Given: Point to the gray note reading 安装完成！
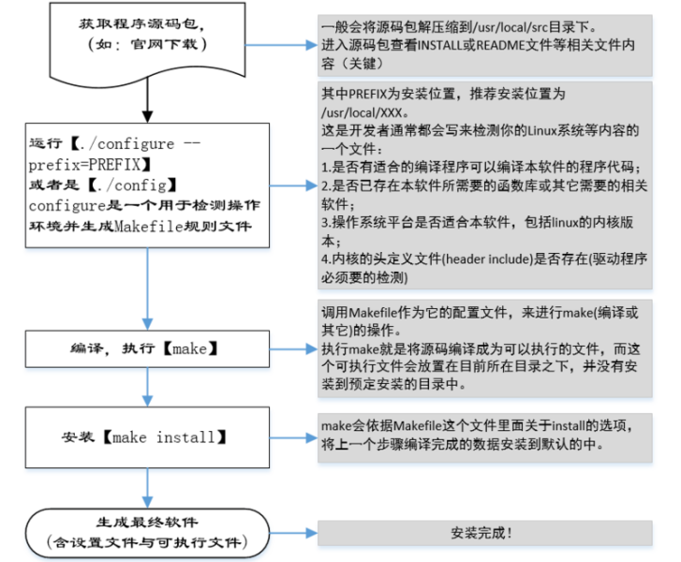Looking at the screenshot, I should (484, 532).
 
